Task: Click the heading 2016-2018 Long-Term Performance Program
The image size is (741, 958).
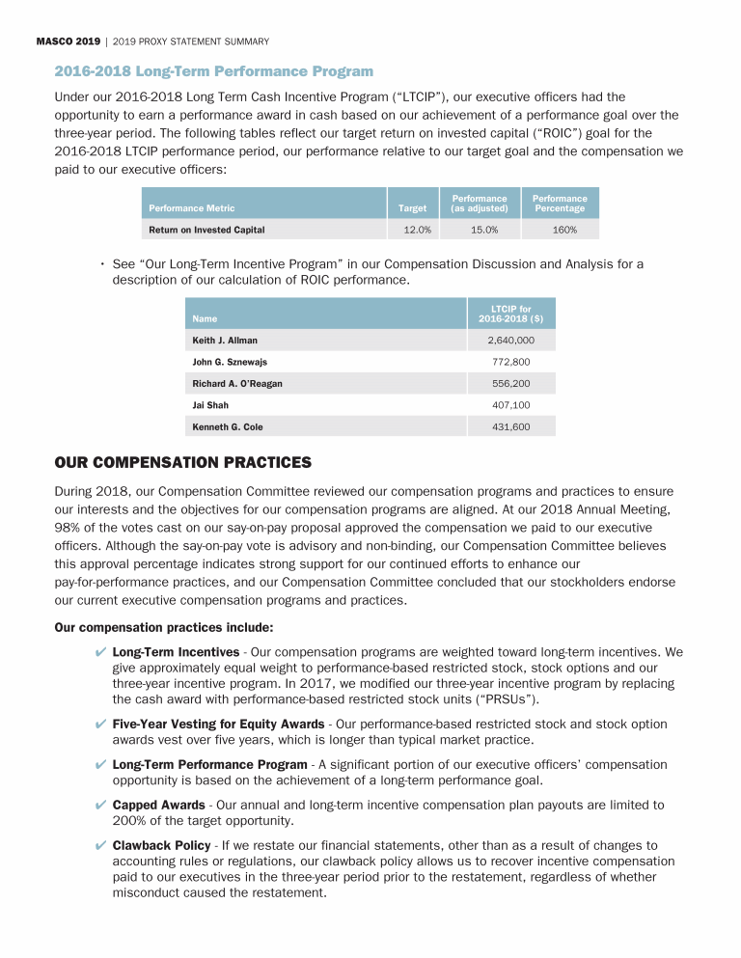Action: (213, 71)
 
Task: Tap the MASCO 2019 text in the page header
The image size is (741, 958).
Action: (68, 41)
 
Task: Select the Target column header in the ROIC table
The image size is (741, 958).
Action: (412, 208)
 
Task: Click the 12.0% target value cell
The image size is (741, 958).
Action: (417, 230)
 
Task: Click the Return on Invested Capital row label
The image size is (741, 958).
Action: (206, 230)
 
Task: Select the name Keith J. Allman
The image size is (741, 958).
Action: (225, 341)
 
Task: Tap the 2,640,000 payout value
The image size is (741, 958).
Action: (510, 341)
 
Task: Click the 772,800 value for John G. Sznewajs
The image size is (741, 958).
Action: (510, 362)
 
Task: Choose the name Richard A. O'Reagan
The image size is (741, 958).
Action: (237, 383)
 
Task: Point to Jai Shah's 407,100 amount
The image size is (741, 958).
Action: (510, 405)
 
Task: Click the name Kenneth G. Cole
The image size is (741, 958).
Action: (228, 426)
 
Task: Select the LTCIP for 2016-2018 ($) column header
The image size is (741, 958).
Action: (510, 315)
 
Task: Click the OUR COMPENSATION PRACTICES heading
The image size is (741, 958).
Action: (183, 463)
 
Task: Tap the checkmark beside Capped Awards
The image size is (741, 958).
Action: (101, 806)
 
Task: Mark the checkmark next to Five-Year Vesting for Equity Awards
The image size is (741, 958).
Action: (101, 725)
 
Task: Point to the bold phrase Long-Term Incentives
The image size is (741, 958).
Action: (176, 652)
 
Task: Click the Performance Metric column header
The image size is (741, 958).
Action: (192, 208)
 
